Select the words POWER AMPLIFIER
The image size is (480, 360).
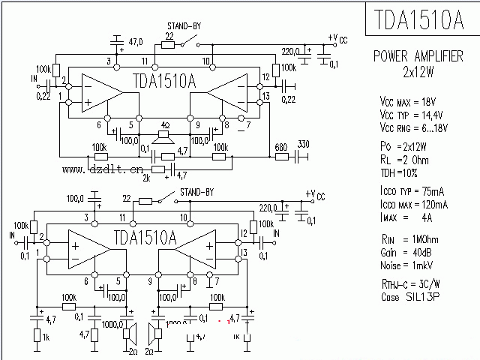(x=418, y=57)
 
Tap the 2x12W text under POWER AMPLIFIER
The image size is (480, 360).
(x=418, y=73)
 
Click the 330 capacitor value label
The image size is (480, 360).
(x=303, y=144)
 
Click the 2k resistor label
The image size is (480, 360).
(x=147, y=178)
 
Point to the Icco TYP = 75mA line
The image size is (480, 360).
(x=415, y=191)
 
